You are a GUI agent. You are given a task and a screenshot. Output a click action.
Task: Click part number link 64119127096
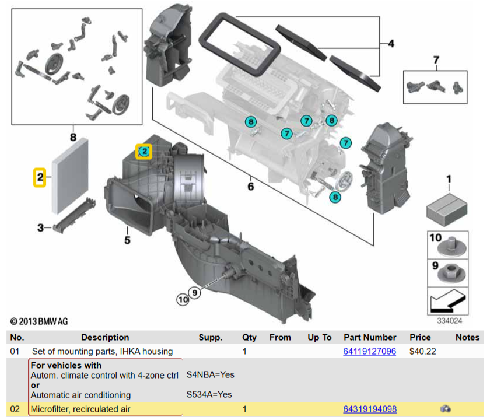(x=369, y=351)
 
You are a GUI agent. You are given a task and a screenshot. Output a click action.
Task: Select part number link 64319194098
(x=369, y=409)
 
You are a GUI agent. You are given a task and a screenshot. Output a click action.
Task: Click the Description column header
(x=105, y=337)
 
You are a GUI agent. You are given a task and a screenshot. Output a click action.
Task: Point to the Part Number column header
(x=370, y=337)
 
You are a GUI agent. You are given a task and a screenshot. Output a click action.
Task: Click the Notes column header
(x=467, y=337)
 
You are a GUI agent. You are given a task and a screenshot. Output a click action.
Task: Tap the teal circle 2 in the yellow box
(x=144, y=152)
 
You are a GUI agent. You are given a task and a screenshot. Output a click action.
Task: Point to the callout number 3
(x=40, y=227)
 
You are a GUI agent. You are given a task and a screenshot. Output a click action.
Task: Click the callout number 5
(x=127, y=239)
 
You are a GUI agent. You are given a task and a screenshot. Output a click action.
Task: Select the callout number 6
(x=250, y=187)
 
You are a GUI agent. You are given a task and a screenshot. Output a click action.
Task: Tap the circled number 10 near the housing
(x=183, y=300)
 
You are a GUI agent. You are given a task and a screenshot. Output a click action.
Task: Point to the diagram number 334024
(x=449, y=320)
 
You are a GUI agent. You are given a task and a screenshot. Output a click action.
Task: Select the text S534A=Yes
(x=209, y=395)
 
